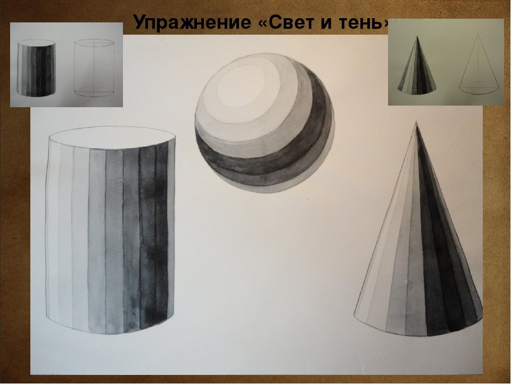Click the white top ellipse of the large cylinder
click(112, 137)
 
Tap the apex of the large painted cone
click(416, 123)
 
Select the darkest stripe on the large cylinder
click(149, 238)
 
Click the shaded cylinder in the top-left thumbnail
click(36, 68)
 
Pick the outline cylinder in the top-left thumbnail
click(94, 68)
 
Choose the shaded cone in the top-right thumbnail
click(417, 65)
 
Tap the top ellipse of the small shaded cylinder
click(36, 43)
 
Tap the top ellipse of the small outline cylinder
click(94, 43)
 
